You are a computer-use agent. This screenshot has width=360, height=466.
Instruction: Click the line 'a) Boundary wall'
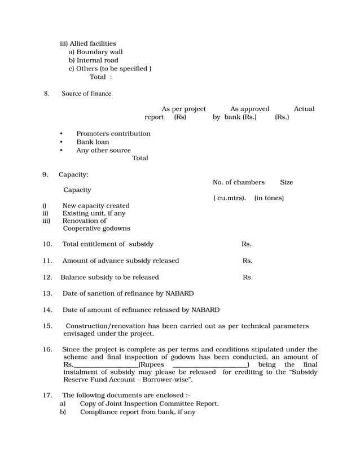pos(95,52)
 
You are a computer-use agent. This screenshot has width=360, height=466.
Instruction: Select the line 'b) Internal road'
pos(93,60)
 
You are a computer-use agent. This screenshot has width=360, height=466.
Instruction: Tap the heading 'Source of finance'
pos(86,94)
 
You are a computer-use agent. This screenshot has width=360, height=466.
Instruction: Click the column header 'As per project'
pos(184,109)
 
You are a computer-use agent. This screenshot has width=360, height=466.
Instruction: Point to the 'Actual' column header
pos(304,109)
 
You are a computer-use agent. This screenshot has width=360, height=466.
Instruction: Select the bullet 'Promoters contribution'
pos(113,134)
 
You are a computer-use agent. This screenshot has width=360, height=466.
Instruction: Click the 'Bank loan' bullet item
pos(93,142)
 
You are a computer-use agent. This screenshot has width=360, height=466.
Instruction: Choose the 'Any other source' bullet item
pos(104,151)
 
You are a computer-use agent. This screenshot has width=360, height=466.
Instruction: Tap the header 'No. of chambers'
pos(239,182)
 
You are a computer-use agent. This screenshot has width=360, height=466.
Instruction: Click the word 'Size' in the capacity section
pos(286,182)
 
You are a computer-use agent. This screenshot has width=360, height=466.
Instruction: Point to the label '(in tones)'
pos(269,198)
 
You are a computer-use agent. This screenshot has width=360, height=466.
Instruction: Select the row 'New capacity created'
pos(96,206)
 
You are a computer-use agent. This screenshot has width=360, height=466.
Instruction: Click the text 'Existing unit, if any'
pos(94,214)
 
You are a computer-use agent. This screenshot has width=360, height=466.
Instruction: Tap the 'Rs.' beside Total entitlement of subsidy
pos(247,244)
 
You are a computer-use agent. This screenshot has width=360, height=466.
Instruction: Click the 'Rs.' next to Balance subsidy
pos(248,278)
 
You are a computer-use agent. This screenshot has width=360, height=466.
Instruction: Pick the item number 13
pos(47,294)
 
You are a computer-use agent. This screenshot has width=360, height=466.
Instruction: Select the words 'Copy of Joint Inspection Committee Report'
pos(149,404)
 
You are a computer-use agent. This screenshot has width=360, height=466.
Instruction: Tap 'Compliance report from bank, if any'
pos(138,412)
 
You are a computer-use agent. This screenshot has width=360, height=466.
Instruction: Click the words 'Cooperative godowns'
pos(96,228)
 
